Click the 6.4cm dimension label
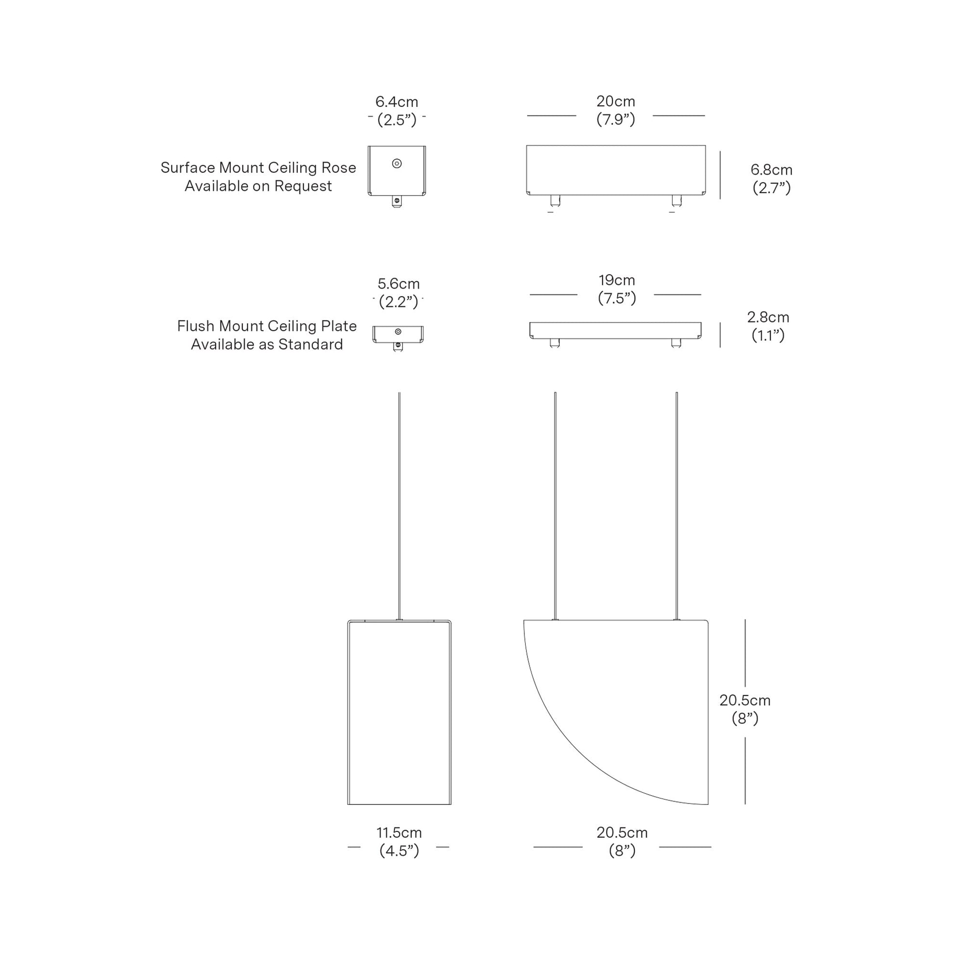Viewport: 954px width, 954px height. pyautogui.click(x=397, y=101)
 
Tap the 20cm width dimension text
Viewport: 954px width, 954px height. pyautogui.click(x=615, y=101)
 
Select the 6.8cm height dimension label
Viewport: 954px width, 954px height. pyautogui.click(x=771, y=170)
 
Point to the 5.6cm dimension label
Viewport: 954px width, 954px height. pyautogui.click(x=399, y=284)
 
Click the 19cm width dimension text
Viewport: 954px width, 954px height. pyautogui.click(x=617, y=280)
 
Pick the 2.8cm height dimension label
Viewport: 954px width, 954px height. pyautogui.click(x=768, y=317)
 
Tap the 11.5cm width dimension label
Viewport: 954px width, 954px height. pyautogui.click(x=399, y=832)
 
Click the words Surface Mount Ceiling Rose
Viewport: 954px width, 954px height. pyautogui.click(x=258, y=168)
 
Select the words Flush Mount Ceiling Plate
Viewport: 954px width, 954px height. pyautogui.click(x=267, y=326)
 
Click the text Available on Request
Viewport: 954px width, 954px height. pyautogui.click(x=258, y=186)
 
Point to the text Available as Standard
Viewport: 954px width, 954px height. pyautogui.click(x=267, y=344)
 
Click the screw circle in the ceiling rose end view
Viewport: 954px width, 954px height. pyautogui.click(x=397, y=163)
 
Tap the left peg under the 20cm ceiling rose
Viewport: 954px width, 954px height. pyautogui.click(x=555, y=201)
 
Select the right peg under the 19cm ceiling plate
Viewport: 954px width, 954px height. pyautogui.click(x=676, y=343)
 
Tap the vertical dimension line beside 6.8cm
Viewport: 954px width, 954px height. pyautogui.click(x=720, y=176)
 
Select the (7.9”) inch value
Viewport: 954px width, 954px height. pyautogui.click(x=615, y=120)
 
